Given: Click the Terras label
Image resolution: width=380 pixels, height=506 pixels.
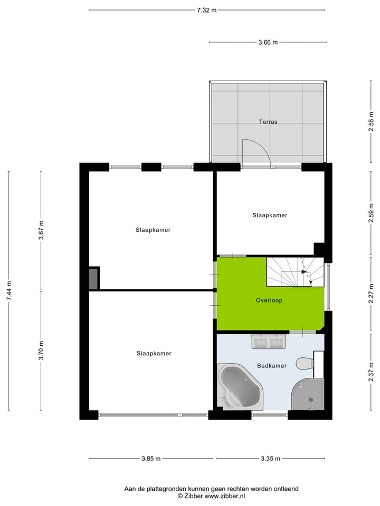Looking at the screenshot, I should click(x=268, y=122).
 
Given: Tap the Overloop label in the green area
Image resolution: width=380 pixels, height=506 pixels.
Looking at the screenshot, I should click(x=269, y=300).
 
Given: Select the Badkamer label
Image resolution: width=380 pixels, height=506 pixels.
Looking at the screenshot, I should click(x=272, y=365).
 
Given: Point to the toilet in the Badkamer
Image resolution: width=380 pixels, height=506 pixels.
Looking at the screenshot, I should click(x=305, y=364).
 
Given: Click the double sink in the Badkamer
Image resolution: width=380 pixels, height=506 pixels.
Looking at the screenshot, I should click(x=269, y=343).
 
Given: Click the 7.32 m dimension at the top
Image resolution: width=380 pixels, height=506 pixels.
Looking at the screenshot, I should click(x=206, y=10).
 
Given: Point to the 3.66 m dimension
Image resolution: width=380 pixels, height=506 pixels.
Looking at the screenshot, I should click(x=268, y=42).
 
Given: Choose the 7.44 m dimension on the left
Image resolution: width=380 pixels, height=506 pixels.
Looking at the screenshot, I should click(x=9, y=290).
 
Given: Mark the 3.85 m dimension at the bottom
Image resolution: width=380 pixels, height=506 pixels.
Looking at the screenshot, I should click(x=151, y=459).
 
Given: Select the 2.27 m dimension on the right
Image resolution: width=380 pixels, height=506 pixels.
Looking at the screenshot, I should click(x=371, y=290).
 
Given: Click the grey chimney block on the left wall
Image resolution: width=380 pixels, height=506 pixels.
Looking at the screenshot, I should click(x=93, y=278).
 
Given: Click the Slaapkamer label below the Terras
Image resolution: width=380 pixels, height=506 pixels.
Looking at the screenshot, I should click(x=270, y=215).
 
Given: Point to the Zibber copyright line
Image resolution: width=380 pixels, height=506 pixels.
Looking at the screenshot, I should click(x=211, y=496).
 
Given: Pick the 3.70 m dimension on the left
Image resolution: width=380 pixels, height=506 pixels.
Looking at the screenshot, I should click(x=41, y=351).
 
